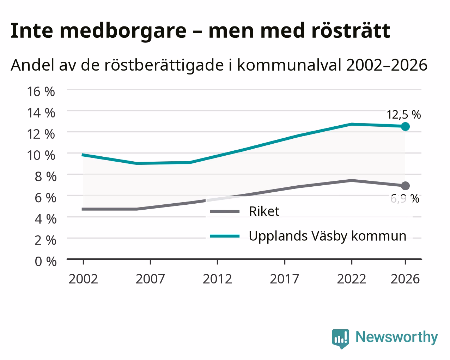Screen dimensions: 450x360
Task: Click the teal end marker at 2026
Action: (x=405, y=127)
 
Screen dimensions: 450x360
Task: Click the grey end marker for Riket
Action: (x=405, y=186)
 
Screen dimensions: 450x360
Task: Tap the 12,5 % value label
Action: (x=403, y=115)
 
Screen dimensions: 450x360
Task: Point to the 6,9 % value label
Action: (x=405, y=199)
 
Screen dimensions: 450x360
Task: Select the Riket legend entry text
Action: (x=264, y=211)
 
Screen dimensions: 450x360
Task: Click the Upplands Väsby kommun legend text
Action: (x=328, y=236)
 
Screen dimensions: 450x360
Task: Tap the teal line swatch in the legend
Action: (x=225, y=236)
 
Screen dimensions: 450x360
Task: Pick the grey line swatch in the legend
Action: (x=225, y=211)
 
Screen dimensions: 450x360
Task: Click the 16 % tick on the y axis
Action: (x=41, y=92)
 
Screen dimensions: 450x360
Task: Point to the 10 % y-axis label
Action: (x=41, y=156)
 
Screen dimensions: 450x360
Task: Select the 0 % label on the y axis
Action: (x=45, y=262)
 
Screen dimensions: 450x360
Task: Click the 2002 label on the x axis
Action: (x=83, y=279)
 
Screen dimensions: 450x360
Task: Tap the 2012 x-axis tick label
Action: (x=218, y=279)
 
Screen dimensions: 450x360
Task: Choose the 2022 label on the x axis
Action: (x=352, y=279)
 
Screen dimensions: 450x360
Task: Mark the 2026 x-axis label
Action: (x=405, y=279)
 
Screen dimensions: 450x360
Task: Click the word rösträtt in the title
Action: (x=351, y=31)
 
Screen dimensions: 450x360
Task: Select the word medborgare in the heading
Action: (x=123, y=31)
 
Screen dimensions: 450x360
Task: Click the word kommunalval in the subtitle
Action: (x=290, y=65)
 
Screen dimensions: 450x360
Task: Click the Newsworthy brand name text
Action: (x=397, y=337)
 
